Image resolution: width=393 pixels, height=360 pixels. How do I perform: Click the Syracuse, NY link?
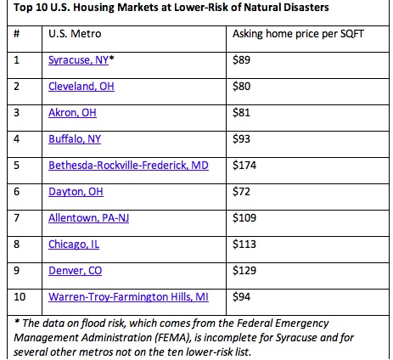point(78,60)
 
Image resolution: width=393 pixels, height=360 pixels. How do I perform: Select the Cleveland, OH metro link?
point(81,87)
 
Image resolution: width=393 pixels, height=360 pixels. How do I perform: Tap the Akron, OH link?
point(72,113)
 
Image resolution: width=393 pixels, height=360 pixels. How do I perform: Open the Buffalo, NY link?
point(75,139)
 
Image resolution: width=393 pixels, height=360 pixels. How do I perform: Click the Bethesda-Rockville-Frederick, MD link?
point(128,166)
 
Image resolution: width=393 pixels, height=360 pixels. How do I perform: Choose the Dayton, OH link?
point(76,192)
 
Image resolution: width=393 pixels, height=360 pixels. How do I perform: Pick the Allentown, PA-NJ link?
point(89,218)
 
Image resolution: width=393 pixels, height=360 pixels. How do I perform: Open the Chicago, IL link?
point(74,245)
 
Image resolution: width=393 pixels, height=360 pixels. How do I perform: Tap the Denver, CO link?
point(75,271)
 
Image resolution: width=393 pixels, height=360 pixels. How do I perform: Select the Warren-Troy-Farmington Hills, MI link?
point(128,297)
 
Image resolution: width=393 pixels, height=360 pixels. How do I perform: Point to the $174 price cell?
point(244,166)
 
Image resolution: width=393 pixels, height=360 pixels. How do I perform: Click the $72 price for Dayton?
point(241,192)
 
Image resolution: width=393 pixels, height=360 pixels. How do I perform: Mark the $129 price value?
point(244,271)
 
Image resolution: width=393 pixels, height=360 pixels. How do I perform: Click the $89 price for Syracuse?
point(241,60)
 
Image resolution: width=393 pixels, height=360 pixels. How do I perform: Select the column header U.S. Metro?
point(75,34)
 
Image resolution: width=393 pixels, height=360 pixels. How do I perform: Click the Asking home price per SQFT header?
point(298,34)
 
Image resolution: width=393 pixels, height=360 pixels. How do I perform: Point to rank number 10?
point(20,297)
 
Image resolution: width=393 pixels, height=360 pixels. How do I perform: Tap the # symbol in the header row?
point(17,34)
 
